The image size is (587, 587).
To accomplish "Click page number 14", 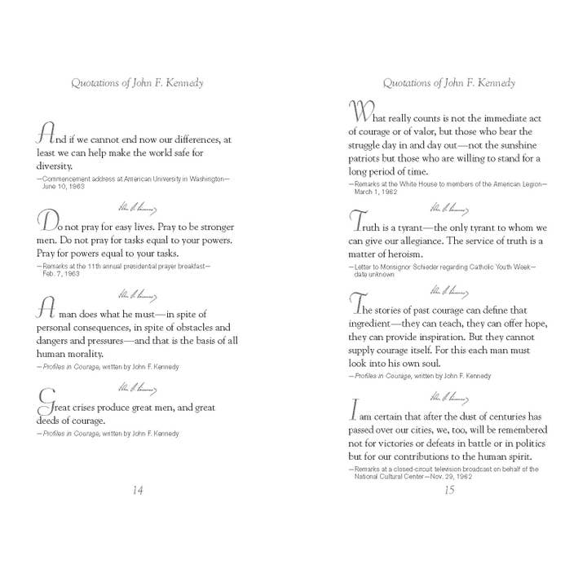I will (x=137, y=490).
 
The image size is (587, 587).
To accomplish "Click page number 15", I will (x=448, y=490).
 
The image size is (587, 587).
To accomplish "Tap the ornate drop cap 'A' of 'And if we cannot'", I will (x=46, y=135).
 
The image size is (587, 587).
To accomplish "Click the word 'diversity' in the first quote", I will (x=55, y=166).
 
